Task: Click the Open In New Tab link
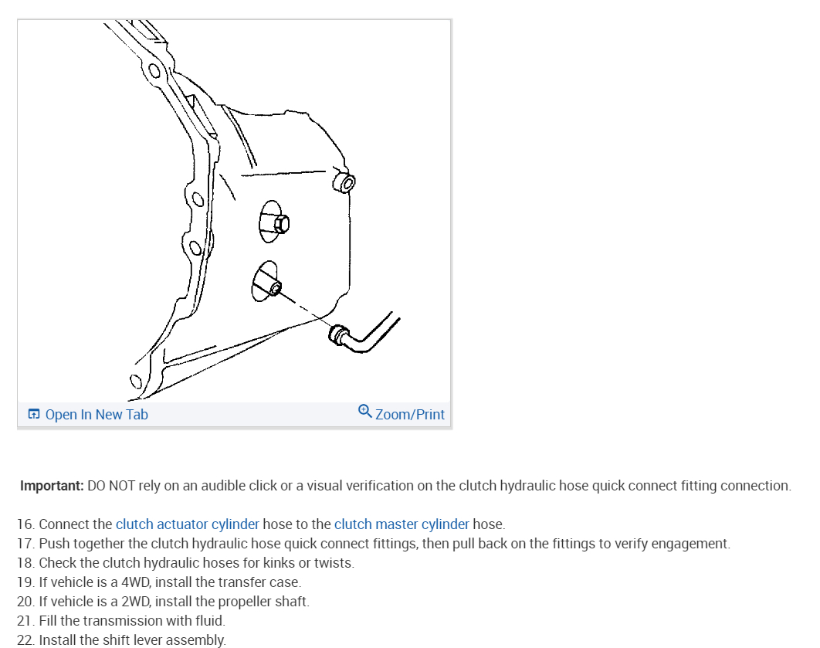[96, 415]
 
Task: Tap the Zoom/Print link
[409, 415]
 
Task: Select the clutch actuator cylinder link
[187, 524]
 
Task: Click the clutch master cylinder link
[402, 524]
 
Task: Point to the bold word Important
[52, 486]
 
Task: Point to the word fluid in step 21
[208, 621]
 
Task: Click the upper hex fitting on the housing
[281, 224]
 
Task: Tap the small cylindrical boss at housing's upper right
[344, 183]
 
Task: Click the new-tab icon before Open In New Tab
[33, 415]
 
